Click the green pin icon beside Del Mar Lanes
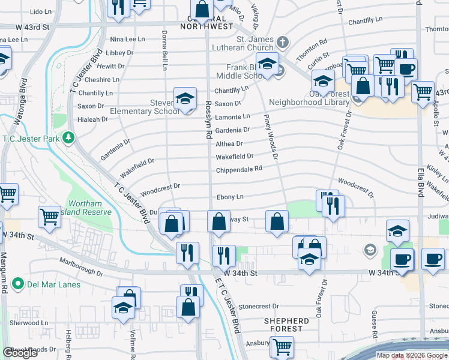click(17, 284)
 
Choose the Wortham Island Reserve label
click(90, 208)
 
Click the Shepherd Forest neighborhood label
click(287, 325)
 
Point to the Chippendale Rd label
click(239, 169)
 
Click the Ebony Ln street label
click(231, 197)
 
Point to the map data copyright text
click(411, 355)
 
